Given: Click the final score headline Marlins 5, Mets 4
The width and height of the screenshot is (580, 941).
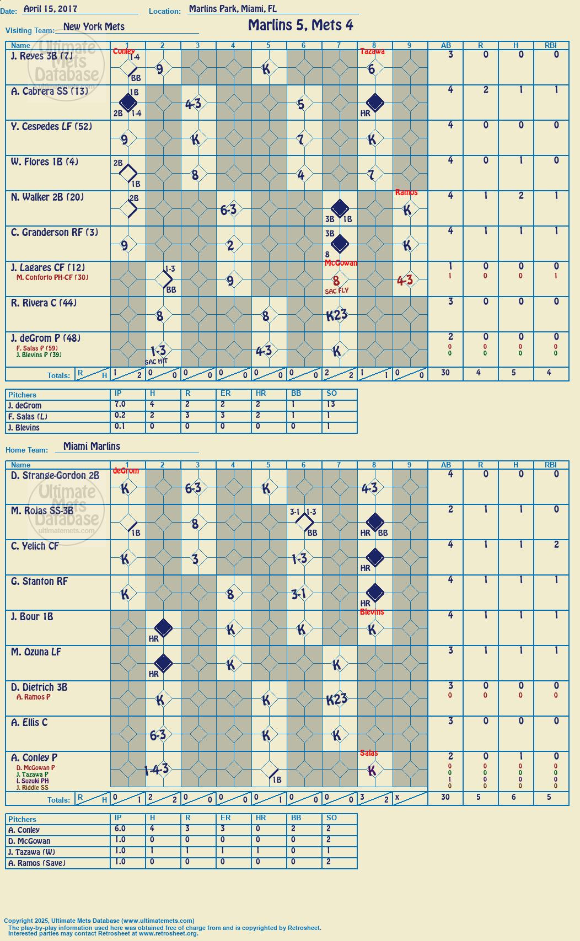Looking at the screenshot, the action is [300, 25].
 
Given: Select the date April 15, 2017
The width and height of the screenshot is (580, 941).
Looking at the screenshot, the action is [50, 8].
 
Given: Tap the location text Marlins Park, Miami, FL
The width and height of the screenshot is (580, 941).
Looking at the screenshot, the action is [233, 8].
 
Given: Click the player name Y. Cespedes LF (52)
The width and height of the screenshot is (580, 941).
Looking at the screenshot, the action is [51, 126].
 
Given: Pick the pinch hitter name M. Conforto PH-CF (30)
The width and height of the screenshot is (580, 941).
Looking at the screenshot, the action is [52, 277].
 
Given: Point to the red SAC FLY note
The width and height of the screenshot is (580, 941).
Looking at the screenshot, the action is [337, 291].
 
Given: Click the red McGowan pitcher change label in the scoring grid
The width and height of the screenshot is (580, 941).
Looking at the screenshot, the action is [341, 263].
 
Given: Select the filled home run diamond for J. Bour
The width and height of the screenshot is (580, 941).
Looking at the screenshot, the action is [164, 628].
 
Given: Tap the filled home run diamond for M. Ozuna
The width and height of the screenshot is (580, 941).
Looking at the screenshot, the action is [164, 663].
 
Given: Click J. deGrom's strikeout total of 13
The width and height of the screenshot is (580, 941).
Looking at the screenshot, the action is [331, 404].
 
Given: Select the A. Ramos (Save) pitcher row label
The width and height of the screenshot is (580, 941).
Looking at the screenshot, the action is [37, 863].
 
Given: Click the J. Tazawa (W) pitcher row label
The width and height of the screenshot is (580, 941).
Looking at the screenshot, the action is [31, 852].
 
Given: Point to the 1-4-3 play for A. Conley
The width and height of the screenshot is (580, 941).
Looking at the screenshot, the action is [157, 769].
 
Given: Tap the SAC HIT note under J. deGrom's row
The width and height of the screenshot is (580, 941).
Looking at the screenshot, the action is [157, 362].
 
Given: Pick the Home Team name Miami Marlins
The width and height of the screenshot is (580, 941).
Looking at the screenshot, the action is [92, 446].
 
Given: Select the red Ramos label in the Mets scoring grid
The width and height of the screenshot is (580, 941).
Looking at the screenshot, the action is [406, 192].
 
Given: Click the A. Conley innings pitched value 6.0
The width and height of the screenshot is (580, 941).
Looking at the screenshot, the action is [120, 829].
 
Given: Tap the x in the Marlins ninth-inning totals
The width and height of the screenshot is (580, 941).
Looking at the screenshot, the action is [397, 797].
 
